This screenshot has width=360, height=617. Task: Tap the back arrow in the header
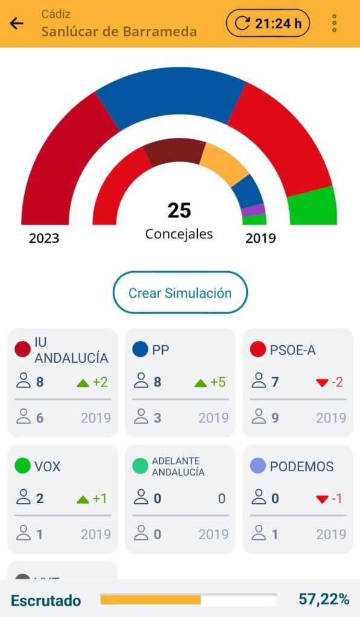pyautogui.click(x=16, y=23)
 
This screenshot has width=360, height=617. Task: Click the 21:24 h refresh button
pyautogui.click(x=268, y=23)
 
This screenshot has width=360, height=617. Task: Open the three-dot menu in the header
pyautogui.click(x=334, y=23)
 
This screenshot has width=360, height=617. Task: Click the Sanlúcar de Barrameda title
pyautogui.click(x=119, y=31)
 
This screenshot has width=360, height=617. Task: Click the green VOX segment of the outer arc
pyautogui.click(x=313, y=207)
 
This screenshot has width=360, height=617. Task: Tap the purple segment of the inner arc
pyautogui.click(x=253, y=210)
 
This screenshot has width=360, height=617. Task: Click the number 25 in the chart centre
pyautogui.click(x=179, y=210)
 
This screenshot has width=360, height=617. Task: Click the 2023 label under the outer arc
pyautogui.click(x=44, y=238)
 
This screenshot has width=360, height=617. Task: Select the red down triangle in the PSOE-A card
pyautogui.click(x=322, y=383)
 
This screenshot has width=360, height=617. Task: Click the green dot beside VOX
pyautogui.click(x=22, y=466)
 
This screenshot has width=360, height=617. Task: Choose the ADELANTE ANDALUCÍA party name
pyautogui.click(x=178, y=466)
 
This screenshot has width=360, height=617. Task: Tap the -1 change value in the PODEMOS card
pyautogui.click(x=336, y=498)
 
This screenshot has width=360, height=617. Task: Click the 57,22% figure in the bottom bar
pyautogui.click(x=324, y=600)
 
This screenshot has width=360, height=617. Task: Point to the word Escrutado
pyautogui.click(x=46, y=601)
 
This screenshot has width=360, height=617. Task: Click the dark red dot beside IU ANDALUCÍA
pyautogui.click(x=22, y=349)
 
